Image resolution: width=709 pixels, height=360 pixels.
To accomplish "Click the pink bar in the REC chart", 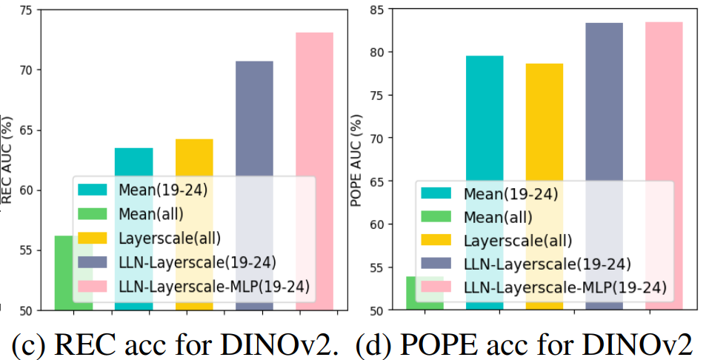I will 314,104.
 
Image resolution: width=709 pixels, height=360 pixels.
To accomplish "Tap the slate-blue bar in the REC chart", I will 254,119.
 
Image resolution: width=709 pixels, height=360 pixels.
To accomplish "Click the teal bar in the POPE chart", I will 485,119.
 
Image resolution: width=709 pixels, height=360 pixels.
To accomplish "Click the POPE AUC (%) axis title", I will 358,159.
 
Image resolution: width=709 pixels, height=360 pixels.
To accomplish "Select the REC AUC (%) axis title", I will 7,159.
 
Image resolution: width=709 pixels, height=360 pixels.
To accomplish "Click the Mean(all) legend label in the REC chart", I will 150,213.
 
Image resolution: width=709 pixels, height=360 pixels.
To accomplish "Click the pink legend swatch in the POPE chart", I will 437,287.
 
